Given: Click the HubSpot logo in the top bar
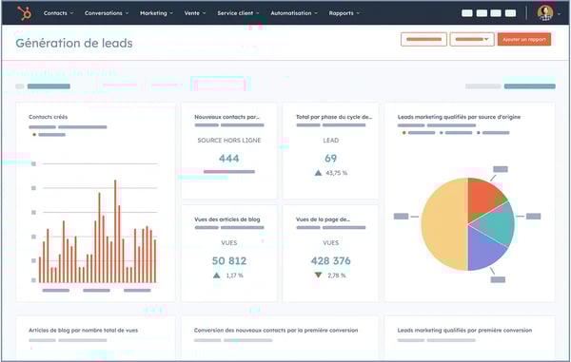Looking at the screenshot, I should [x=24, y=13].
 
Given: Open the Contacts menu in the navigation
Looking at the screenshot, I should [x=58, y=13].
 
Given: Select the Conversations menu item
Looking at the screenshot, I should [x=106, y=13].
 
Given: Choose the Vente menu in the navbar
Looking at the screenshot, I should [x=195, y=13].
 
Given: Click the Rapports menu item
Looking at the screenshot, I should [x=344, y=13].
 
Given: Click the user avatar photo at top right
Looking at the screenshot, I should [x=544, y=13].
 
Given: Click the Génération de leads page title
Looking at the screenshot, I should [x=74, y=43].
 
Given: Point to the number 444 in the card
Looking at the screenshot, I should [x=228, y=159].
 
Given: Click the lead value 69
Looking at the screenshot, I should [x=330, y=159].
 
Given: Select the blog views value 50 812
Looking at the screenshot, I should [x=228, y=260].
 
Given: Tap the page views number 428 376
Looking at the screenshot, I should [x=330, y=260].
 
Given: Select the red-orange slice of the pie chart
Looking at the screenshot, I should [x=483, y=194].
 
